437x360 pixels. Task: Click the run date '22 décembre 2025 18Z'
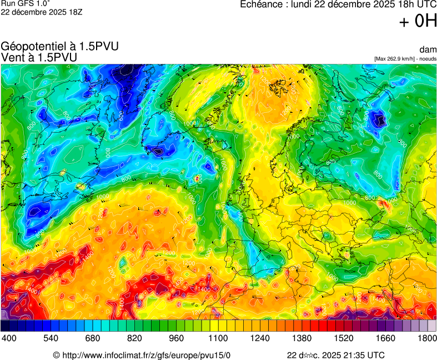tap(42, 12)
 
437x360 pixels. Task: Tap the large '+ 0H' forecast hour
tap(418, 21)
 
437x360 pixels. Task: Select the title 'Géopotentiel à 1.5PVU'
tap(60, 47)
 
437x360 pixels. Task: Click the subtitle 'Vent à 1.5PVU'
tap(39, 57)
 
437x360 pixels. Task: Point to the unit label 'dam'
tap(429, 50)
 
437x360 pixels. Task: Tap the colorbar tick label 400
tap(8, 338)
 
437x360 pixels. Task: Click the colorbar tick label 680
tap(92, 338)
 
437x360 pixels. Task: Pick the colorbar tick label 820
tap(134, 338)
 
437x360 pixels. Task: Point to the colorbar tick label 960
tap(176, 338)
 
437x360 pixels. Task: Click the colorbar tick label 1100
tap(218, 338)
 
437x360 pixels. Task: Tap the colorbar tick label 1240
tap(260, 338)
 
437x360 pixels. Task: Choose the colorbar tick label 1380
tap(302, 338)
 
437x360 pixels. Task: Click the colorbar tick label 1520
tap(344, 338)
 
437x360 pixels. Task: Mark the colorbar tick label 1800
tap(427, 338)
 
